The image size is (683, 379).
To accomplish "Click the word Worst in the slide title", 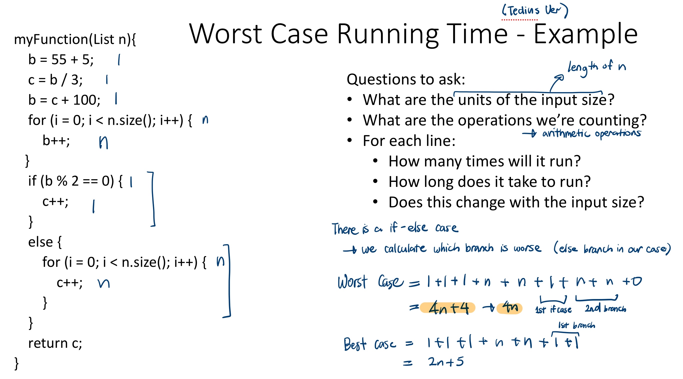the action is point(225,34).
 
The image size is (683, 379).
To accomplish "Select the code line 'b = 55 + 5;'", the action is point(61,59).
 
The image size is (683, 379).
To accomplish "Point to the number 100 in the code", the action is point(86,100).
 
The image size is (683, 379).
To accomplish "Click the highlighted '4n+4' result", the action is point(448,308).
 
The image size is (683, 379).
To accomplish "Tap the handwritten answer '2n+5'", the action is point(446,362).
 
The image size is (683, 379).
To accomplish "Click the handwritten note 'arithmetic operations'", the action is point(591,133).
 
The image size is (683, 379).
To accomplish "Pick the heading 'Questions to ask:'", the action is point(406,79).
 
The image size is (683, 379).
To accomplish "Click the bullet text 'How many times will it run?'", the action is point(484,161).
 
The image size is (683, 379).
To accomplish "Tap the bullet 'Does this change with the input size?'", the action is point(516,202).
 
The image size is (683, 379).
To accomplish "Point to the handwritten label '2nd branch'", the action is point(605,309).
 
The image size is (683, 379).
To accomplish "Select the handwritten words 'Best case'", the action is point(369,344).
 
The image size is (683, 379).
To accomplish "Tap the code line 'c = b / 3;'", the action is point(55,79).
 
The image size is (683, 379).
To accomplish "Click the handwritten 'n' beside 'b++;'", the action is point(103,143).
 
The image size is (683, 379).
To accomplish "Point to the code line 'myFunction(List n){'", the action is point(75,39).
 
